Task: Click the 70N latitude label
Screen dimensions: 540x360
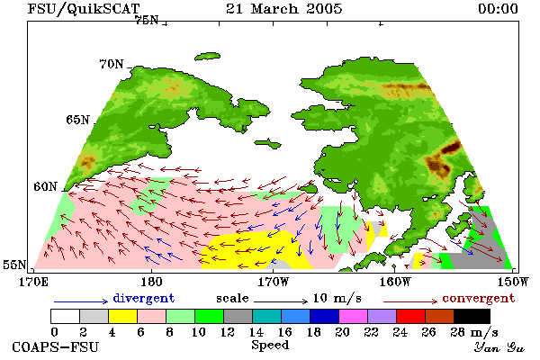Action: [112, 64]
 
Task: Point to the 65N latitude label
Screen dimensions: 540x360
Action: [77, 120]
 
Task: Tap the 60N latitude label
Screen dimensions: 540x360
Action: [45, 186]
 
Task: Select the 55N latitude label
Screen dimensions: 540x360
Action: [14, 265]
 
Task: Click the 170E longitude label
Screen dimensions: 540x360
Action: [33, 282]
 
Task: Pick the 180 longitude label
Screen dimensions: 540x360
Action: [151, 282]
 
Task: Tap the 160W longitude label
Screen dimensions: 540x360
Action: [395, 282]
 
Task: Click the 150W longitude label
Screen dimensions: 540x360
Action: [513, 282]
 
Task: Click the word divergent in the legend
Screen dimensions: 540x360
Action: [144, 298]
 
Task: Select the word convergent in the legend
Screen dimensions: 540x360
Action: [479, 298]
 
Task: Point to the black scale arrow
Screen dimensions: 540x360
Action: [281, 301]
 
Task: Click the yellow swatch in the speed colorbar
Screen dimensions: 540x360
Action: [122, 316]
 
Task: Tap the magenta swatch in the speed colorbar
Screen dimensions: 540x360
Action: [354, 316]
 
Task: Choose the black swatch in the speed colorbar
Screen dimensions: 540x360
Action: [472, 316]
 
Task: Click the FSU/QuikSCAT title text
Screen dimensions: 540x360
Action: [84, 9]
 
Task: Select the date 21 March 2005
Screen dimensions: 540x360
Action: [284, 9]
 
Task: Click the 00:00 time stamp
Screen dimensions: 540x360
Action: [498, 9]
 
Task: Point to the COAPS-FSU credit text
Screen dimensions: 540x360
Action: [56, 346]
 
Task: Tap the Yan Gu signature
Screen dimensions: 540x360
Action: [499, 347]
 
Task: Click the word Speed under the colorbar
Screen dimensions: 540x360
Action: [270, 346]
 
